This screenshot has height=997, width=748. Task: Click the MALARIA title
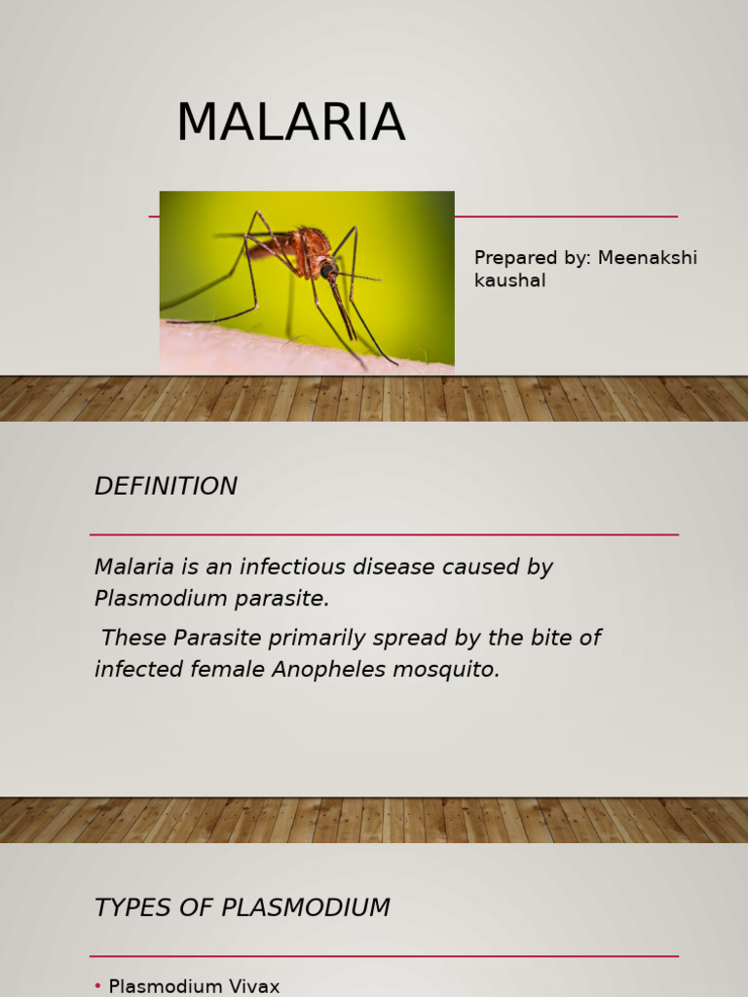[x=290, y=124]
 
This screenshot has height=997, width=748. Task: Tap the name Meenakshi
[x=648, y=258]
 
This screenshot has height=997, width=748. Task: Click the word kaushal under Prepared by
[x=509, y=281]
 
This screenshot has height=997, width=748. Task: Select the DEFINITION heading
[x=166, y=487]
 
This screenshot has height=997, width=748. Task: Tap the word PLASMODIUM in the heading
[x=306, y=908]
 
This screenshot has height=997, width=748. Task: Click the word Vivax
[x=250, y=987]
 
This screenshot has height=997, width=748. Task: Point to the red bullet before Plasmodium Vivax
[x=97, y=987]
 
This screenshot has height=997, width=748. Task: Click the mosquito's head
[x=330, y=268]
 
